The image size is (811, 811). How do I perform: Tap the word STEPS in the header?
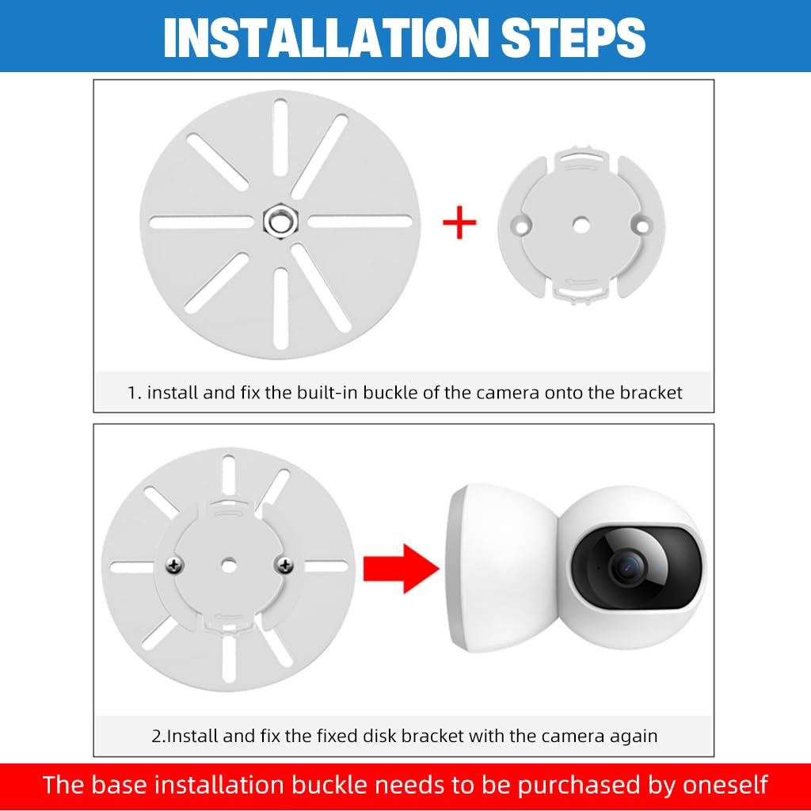tap(573, 37)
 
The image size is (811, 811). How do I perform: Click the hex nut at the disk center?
tap(280, 222)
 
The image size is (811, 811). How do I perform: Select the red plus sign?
tap(459, 223)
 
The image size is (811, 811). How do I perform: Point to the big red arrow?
tap(402, 569)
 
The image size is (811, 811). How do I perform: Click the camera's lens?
tap(629, 567)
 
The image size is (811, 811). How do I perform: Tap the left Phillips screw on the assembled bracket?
tap(175, 565)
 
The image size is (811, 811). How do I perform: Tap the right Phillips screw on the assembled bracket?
tap(284, 565)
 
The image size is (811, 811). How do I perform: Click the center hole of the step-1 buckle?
tap(581, 225)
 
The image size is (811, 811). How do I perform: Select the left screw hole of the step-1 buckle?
tap(520, 226)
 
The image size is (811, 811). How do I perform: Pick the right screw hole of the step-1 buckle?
tap(642, 226)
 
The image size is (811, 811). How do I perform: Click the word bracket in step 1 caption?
tap(651, 393)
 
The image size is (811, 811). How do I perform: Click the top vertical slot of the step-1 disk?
tap(280, 139)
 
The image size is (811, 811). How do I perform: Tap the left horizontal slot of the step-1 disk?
tap(201, 223)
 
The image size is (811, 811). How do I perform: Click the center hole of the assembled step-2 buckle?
tap(229, 565)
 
